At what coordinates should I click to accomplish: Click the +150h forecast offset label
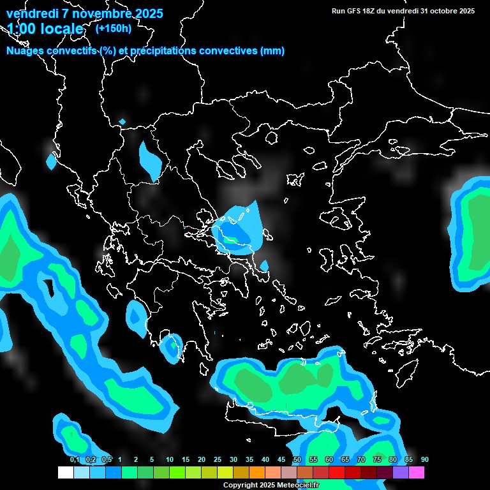click(x=114, y=28)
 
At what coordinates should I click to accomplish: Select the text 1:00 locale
click(x=45, y=29)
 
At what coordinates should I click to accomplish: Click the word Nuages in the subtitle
click(x=26, y=51)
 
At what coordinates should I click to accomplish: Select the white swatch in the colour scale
click(x=66, y=473)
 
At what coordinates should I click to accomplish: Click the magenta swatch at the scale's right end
click(x=417, y=473)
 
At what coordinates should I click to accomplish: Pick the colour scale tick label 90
click(x=424, y=459)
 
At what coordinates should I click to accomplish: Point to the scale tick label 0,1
click(x=75, y=459)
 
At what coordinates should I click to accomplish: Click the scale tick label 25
click(x=218, y=459)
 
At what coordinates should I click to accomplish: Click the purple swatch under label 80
click(x=401, y=473)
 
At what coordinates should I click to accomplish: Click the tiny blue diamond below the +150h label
click(x=122, y=121)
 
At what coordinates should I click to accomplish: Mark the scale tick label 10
click(x=170, y=459)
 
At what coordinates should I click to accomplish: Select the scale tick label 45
click(x=281, y=459)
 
